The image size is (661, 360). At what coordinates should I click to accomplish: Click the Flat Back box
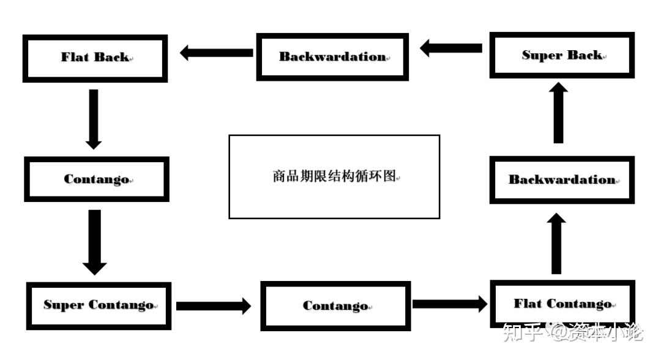95,58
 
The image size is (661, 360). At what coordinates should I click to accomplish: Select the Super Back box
562,56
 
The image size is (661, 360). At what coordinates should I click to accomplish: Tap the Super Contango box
99,306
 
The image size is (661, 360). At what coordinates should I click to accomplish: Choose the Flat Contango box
562,304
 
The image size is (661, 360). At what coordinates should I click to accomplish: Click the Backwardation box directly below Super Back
562,180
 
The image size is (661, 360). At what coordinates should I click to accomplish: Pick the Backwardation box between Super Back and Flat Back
332,57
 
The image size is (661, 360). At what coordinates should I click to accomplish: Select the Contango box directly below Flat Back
96,179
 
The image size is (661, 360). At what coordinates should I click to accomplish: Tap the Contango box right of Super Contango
335,306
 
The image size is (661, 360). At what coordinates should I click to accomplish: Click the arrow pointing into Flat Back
216,53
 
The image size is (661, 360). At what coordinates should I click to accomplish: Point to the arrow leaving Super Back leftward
451,48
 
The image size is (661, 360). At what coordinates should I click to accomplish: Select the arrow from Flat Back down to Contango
93,119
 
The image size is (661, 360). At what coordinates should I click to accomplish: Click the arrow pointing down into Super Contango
94,242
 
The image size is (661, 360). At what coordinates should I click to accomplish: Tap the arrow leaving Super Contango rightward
214,306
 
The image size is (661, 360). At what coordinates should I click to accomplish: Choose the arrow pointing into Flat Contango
450,304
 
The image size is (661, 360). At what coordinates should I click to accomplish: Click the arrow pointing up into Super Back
558,114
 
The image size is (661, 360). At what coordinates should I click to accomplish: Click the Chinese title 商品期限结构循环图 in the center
334,176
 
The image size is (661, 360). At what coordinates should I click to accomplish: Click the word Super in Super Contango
64,305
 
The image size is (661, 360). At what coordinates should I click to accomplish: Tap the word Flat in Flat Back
74,58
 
